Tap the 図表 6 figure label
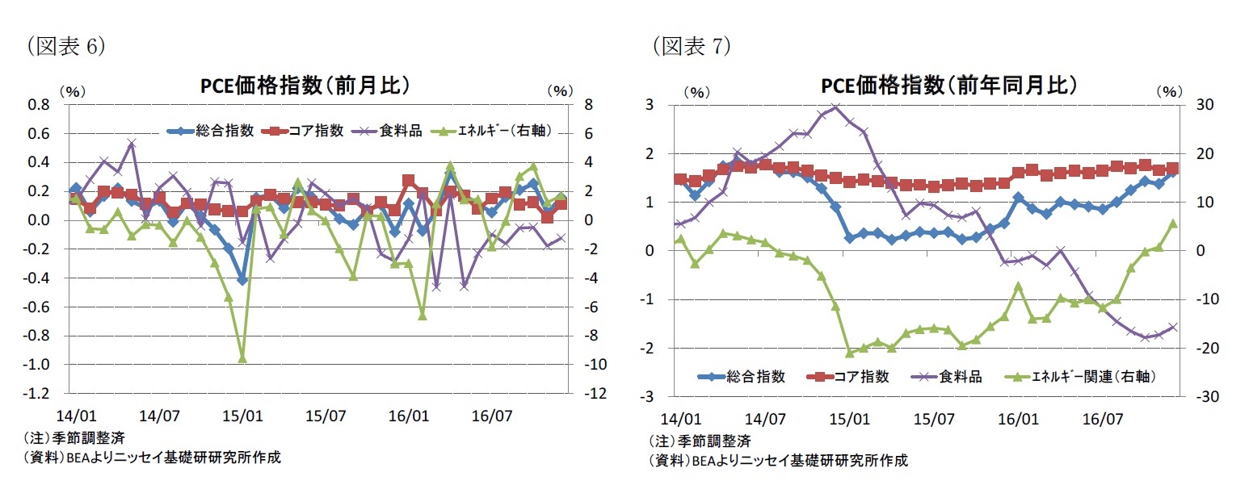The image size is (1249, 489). click(x=65, y=48)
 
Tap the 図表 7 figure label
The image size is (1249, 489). click(x=692, y=48)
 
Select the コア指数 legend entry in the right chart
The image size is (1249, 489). click(x=860, y=376)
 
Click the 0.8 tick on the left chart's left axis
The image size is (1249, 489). click(x=39, y=105)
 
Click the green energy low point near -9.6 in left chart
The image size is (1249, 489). click(x=242, y=358)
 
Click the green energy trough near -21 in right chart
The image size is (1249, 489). click(x=849, y=353)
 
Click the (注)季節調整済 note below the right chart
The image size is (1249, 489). click(x=700, y=441)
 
